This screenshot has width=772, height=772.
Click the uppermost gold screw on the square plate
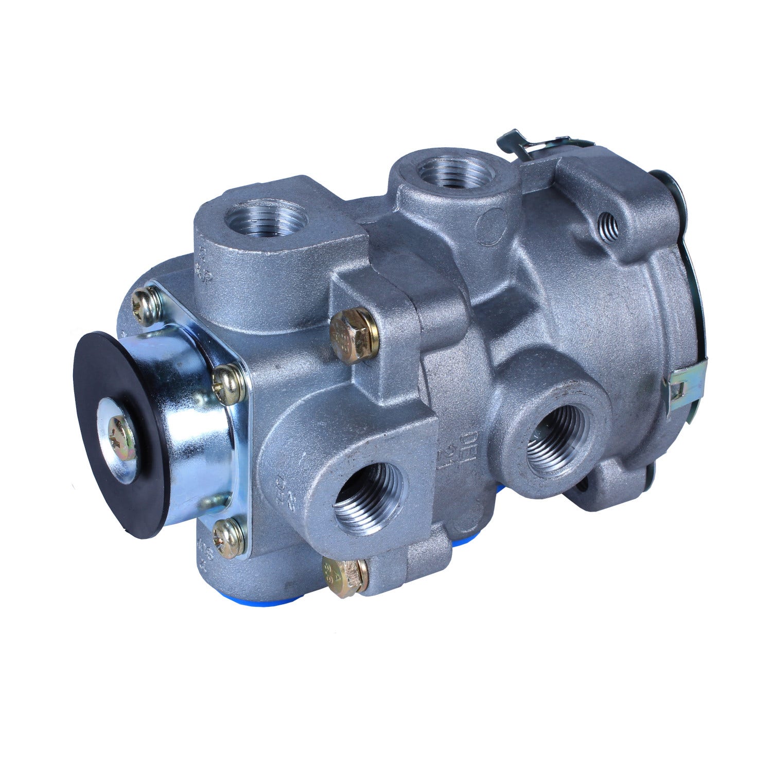(x=146, y=306)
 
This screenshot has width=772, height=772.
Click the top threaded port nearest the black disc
(x=266, y=219)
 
